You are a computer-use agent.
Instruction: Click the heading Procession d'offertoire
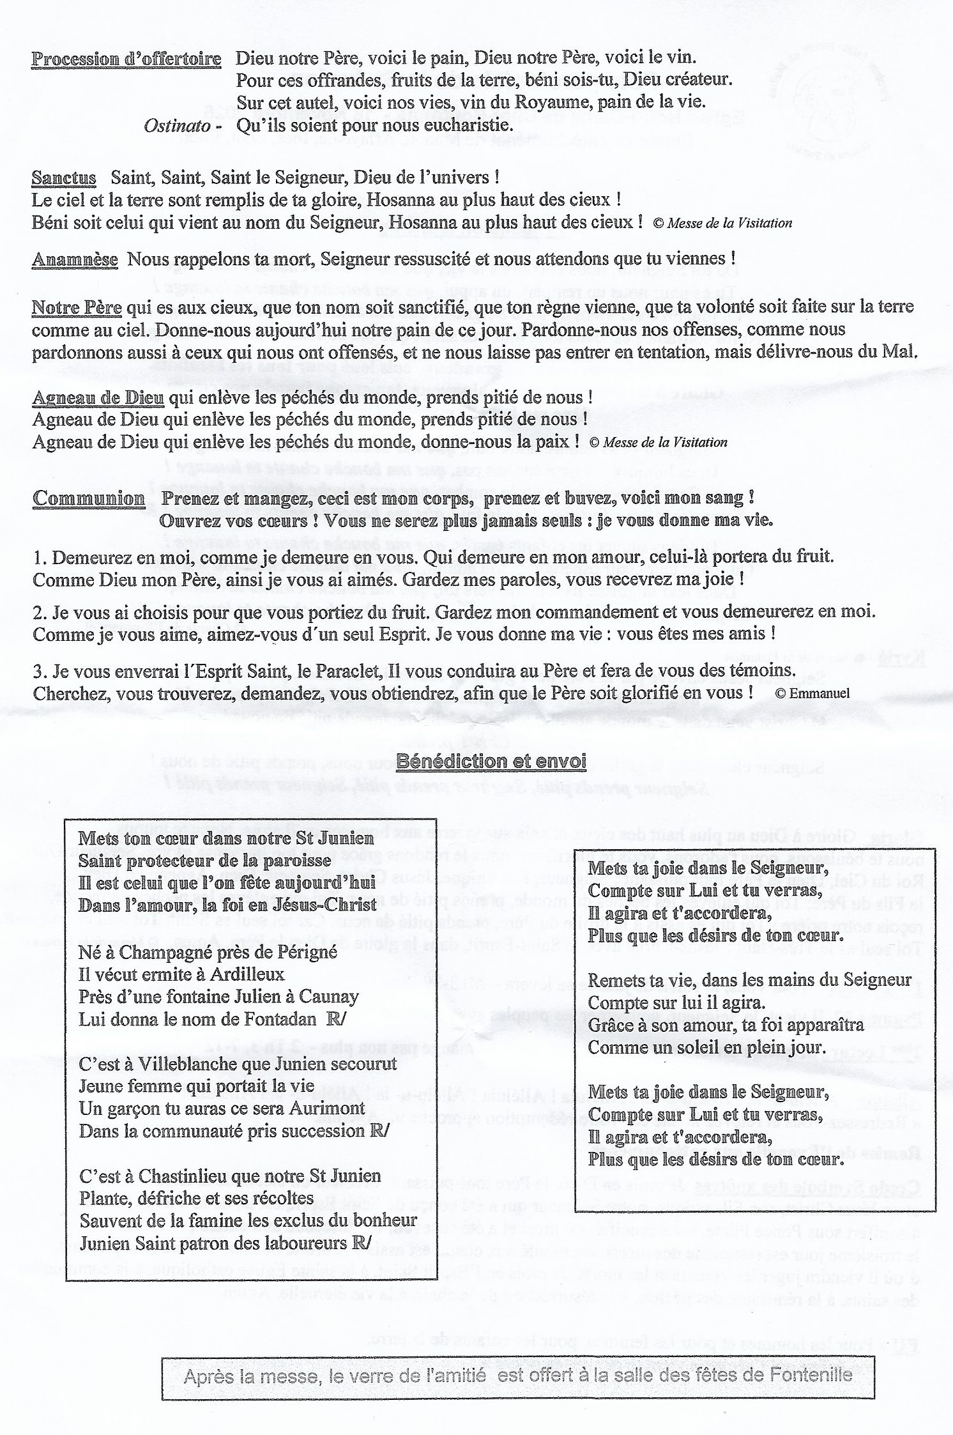126,59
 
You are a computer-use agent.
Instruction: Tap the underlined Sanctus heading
64,178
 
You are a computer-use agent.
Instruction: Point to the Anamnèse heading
75,259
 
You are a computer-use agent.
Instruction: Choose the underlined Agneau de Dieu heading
98,398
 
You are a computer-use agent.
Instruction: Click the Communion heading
88,498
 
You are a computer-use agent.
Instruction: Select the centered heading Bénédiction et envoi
491,761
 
